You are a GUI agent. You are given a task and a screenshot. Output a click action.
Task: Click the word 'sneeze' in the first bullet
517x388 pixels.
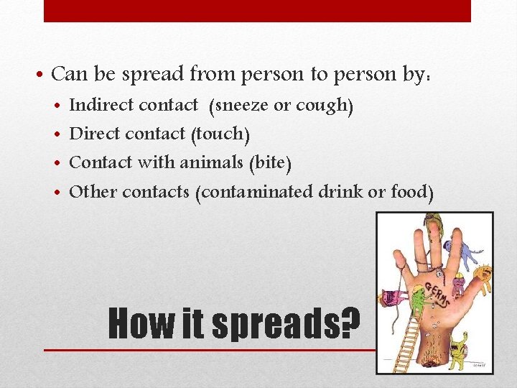click(x=240, y=106)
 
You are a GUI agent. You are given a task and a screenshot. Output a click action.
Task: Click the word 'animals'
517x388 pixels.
click(x=212, y=162)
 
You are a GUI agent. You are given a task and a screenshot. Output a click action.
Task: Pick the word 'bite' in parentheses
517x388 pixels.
click(x=269, y=163)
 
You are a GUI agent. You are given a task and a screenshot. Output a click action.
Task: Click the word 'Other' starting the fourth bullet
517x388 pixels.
click(x=93, y=192)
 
